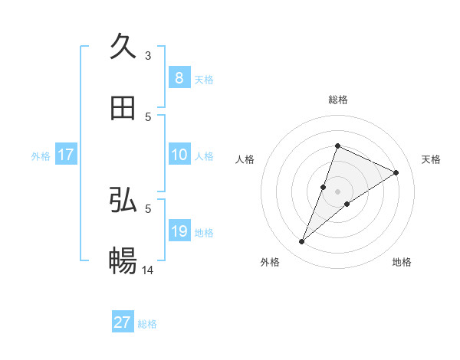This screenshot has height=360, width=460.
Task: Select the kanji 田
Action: (123, 109)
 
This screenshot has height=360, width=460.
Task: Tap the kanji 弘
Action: (123, 200)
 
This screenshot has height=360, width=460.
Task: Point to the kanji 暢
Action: (123, 262)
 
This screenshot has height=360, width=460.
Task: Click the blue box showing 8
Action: (179, 77)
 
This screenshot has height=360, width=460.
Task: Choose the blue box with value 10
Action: (179, 155)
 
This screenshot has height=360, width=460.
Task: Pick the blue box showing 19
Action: (179, 231)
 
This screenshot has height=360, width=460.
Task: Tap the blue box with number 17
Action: (65, 155)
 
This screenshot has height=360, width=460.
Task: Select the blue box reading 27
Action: (123, 322)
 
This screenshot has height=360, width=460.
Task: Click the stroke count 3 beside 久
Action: (148, 56)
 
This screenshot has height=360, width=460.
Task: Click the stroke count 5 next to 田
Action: (148, 117)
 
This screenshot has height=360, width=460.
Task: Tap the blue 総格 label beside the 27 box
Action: (147, 324)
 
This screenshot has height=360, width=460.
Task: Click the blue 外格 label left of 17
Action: (41, 155)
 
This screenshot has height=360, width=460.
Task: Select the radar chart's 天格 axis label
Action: (431, 159)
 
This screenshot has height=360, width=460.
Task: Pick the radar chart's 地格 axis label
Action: (402, 262)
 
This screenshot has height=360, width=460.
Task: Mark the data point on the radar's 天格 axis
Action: (396, 172)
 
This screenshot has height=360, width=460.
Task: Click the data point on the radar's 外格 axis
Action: (302, 241)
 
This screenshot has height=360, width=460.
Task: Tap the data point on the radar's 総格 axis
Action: (337, 146)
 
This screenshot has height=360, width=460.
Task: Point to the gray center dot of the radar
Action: (337, 191)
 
